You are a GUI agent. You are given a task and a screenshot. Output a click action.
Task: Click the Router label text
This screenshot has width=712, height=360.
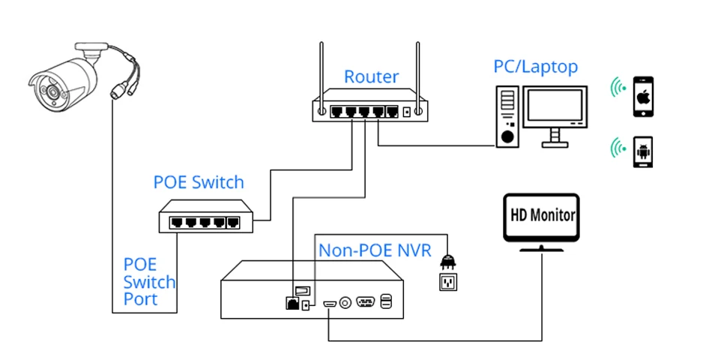[x=371, y=76]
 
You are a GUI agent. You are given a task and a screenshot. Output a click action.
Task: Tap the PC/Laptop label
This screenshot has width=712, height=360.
[x=535, y=67]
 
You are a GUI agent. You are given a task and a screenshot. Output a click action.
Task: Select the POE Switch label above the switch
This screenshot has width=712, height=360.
[x=199, y=182]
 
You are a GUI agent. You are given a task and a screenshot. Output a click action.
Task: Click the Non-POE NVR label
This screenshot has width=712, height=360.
[x=375, y=250]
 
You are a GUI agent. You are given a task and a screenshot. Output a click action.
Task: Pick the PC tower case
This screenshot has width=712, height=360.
[x=508, y=116]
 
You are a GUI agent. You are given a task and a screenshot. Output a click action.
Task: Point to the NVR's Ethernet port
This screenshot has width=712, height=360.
[x=291, y=303]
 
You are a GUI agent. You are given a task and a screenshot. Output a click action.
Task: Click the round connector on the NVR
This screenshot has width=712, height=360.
[x=346, y=303]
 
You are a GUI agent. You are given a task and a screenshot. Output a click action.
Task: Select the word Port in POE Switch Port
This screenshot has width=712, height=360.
[x=141, y=299]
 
